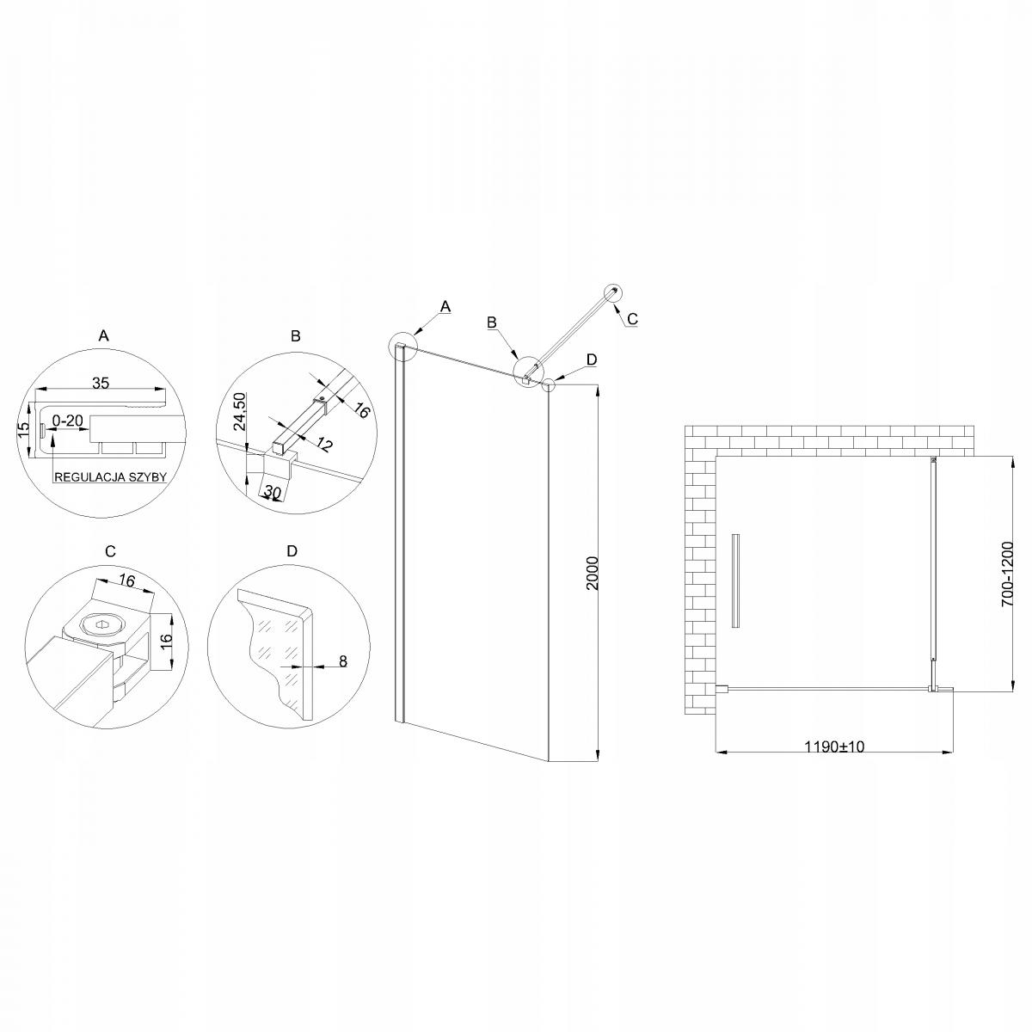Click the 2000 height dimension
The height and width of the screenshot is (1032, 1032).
pyautogui.click(x=591, y=574)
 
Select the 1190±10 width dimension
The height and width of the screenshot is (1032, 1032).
pyautogui.click(x=833, y=746)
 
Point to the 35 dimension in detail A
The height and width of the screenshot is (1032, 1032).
pyautogui.click(x=100, y=384)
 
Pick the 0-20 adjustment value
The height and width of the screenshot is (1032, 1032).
pyautogui.click(x=67, y=421)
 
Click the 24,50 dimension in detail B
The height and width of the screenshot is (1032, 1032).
pyautogui.click(x=239, y=411)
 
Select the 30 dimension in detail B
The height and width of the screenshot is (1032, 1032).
pyautogui.click(x=273, y=492)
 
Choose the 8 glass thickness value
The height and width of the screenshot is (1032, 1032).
pyautogui.click(x=341, y=661)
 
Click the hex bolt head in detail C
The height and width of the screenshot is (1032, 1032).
pyautogui.click(x=101, y=624)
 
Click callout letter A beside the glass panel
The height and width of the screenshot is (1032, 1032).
pyautogui.click(x=445, y=305)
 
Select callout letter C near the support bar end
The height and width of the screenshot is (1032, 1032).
pyautogui.click(x=632, y=318)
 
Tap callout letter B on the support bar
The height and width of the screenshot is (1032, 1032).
pyautogui.click(x=492, y=322)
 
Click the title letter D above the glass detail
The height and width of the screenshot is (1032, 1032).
pyautogui.click(x=292, y=550)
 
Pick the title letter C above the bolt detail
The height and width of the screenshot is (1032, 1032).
pyautogui.click(x=109, y=550)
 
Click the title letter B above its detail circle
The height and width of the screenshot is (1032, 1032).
pyautogui.click(x=295, y=336)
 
